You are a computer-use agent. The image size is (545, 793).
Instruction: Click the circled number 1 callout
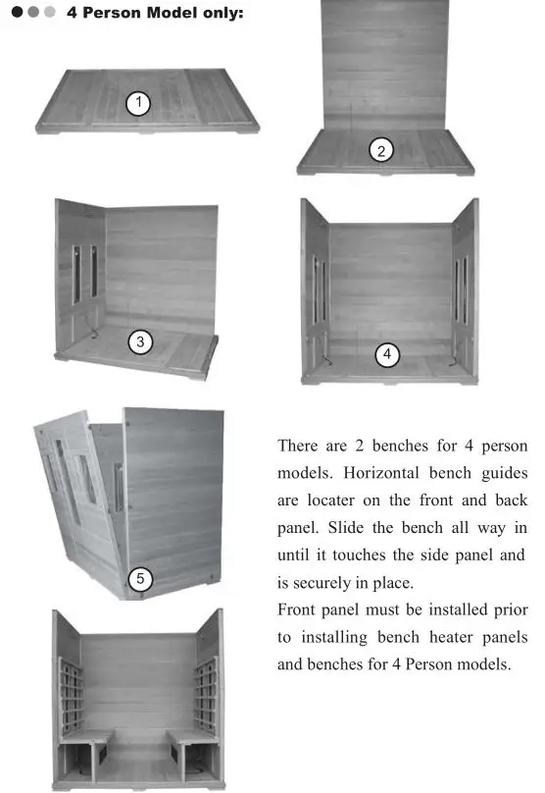pyautogui.click(x=139, y=103)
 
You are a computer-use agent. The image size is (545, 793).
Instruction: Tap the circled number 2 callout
pyautogui.click(x=380, y=150)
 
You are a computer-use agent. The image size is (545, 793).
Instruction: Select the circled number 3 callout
pyautogui.click(x=141, y=342)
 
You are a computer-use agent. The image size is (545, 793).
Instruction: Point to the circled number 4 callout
pyautogui.click(x=388, y=354)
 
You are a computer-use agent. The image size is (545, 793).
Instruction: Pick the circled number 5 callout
pyautogui.click(x=140, y=579)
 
